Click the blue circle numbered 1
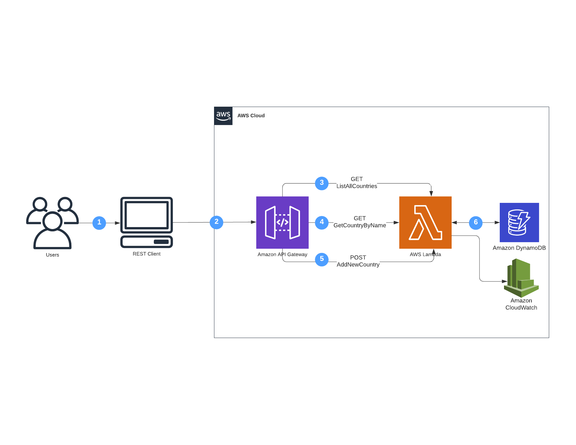pyautogui.click(x=99, y=223)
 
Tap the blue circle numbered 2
pyautogui.click(x=216, y=222)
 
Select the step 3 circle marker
pyautogui.click(x=322, y=183)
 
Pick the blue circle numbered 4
pyautogui.click(x=322, y=222)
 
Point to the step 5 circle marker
pyautogui.click(x=322, y=259)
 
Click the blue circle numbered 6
pyautogui.click(x=476, y=222)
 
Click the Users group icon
pyautogui.click(x=52, y=222)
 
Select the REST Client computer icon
pyautogui.click(x=146, y=222)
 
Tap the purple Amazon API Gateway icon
pyautogui.click(x=282, y=222)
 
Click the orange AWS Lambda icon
pyautogui.click(x=425, y=222)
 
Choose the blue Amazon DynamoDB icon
pyautogui.click(x=519, y=222)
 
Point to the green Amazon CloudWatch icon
pyautogui.click(x=521, y=278)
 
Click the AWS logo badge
pyautogui.click(x=223, y=116)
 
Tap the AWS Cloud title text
pyautogui.click(x=251, y=116)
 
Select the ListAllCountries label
pyautogui.click(x=357, y=186)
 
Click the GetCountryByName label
pyautogui.click(x=360, y=225)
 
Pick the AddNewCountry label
pyautogui.click(x=358, y=265)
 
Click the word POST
pyautogui.click(x=358, y=258)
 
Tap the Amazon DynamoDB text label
pyautogui.click(x=519, y=248)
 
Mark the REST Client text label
pyautogui.click(x=146, y=254)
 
